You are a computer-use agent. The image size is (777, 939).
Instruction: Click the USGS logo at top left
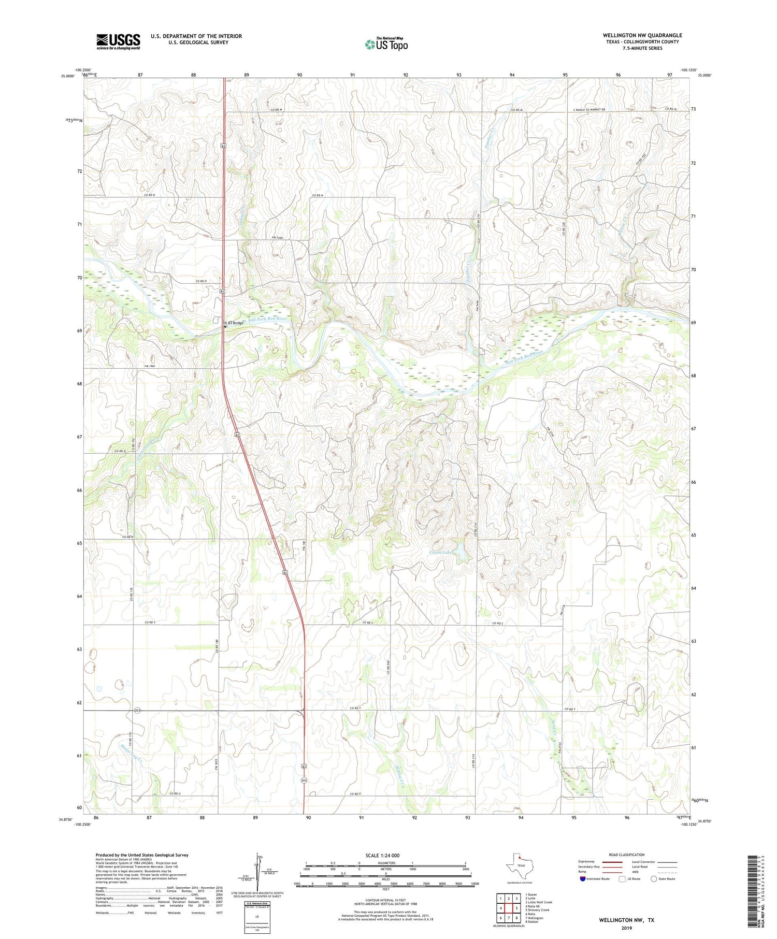118,41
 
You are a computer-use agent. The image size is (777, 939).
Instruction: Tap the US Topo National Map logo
386,44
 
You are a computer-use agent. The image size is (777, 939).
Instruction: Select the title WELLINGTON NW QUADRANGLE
642,35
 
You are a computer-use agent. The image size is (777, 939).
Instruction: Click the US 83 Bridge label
234,323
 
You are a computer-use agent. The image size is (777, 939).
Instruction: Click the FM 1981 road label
150,366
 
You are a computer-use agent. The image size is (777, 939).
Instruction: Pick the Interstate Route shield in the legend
583,878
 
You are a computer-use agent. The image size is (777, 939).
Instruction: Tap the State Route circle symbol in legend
654,878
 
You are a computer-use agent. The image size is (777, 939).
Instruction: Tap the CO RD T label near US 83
355,707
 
